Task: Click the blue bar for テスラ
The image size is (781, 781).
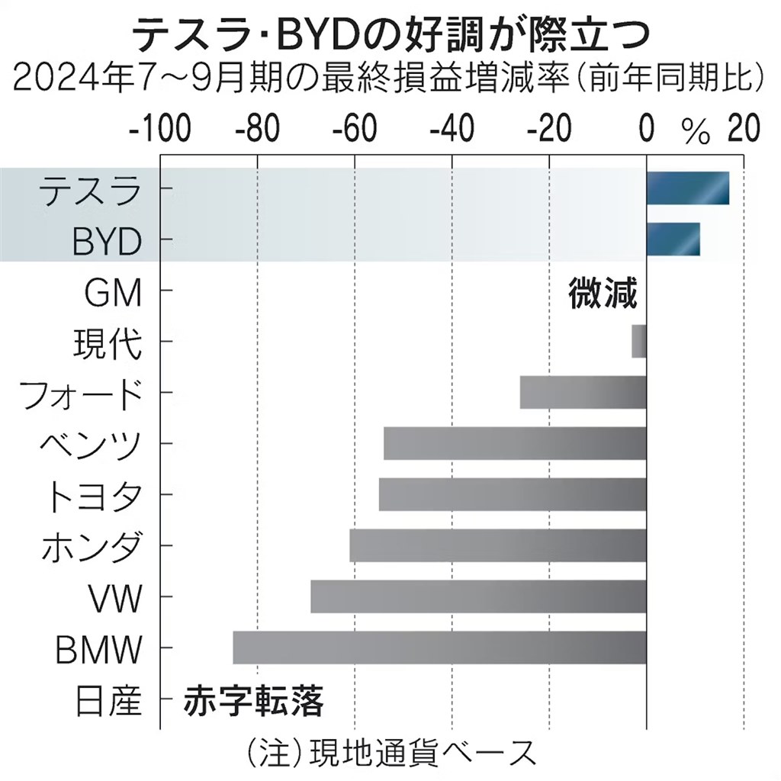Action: tap(687, 188)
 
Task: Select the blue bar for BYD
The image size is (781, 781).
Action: tap(673, 239)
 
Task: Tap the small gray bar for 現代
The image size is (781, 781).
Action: tap(639, 341)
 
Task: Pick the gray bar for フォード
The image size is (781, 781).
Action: tap(583, 392)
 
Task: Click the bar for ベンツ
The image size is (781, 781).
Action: tap(515, 443)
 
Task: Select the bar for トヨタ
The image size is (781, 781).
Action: tap(513, 494)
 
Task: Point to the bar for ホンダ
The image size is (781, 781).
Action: tap(498, 545)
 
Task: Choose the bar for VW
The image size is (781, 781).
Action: tap(478, 596)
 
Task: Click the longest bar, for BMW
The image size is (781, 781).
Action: tap(439, 648)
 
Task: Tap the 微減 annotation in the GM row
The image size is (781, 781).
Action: tap(603, 292)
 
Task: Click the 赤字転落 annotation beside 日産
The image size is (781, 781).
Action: tap(253, 699)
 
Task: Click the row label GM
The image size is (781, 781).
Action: tap(115, 292)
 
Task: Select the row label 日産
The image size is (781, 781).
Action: tap(109, 700)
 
